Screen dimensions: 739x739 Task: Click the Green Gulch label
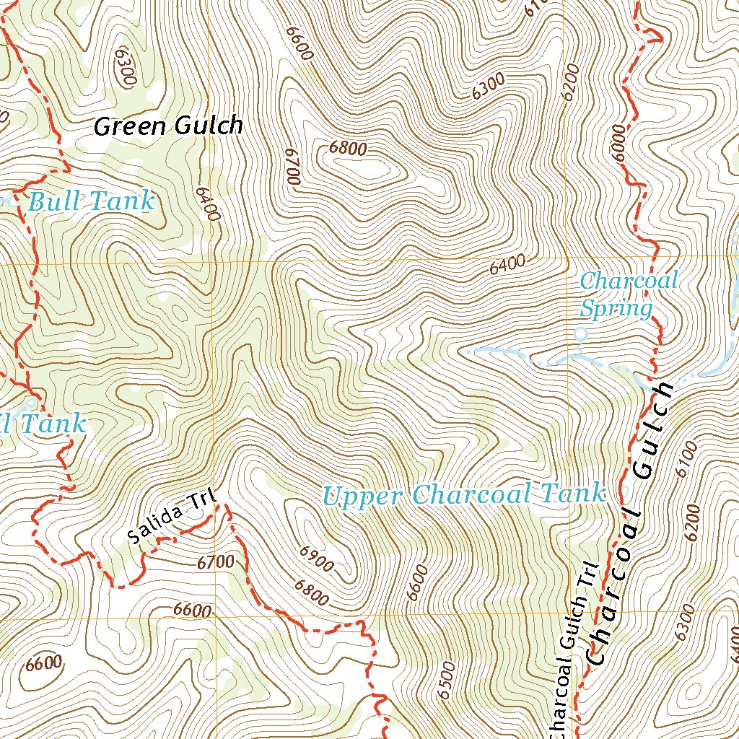[x=168, y=126]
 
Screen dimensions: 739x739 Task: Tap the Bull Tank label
[x=91, y=202]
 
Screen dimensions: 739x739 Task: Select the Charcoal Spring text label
[x=628, y=294]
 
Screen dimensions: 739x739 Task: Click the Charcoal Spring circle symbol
[x=580, y=334]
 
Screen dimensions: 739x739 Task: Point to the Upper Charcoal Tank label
[x=463, y=495]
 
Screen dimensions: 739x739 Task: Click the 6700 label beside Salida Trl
[x=215, y=561]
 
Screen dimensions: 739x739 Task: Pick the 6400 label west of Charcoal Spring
[x=507, y=266]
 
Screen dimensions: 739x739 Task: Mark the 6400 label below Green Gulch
[x=207, y=204]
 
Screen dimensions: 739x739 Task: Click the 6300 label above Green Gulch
[x=126, y=68]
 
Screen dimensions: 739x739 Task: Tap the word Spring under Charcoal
[x=616, y=309]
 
